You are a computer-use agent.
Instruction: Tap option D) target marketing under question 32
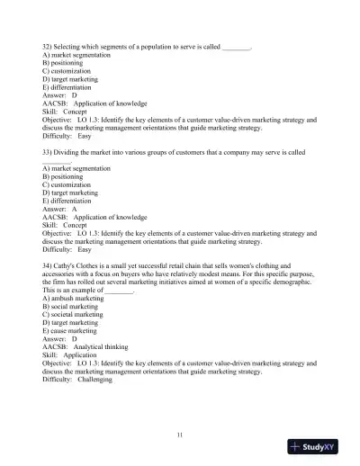click(x=71, y=77)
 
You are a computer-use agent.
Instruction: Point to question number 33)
click(x=49, y=153)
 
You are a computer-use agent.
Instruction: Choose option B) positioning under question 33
click(x=66, y=177)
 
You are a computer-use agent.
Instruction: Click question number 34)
click(x=49, y=268)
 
